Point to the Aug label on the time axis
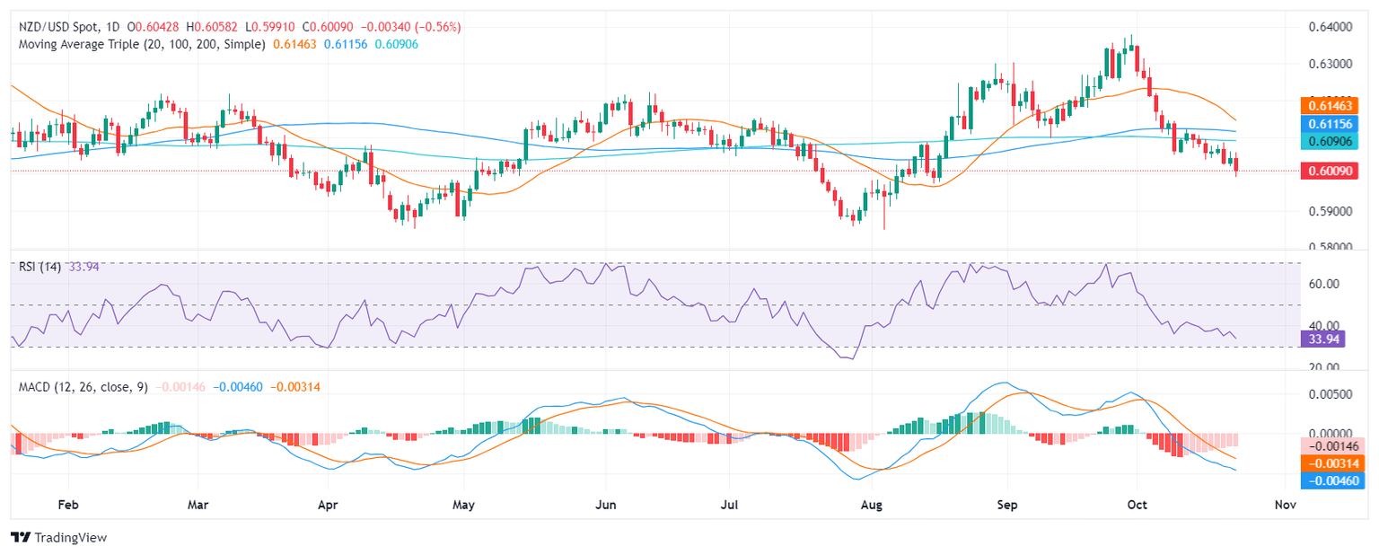coord(872,506)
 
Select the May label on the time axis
coord(463,506)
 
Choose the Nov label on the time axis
coord(1284,506)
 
